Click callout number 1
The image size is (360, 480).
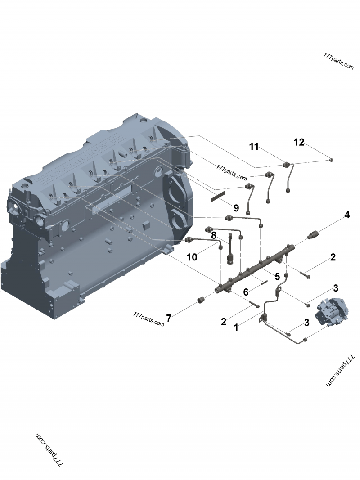click(x=236, y=328)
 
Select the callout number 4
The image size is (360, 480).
click(x=346, y=215)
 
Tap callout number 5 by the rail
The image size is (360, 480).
click(x=277, y=276)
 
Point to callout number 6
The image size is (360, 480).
click(x=246, y=292)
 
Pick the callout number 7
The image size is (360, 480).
click(x=169, y=318)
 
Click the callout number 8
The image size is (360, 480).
click(x=214, y=235)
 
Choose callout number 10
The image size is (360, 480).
click(x=192, y=257)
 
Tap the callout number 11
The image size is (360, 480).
click(x=254, y=146)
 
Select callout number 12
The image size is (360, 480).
click(x=299, y=142)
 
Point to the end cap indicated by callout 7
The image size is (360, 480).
click(x=200, y=300)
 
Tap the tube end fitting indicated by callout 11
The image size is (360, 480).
click(x=286, y=165)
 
